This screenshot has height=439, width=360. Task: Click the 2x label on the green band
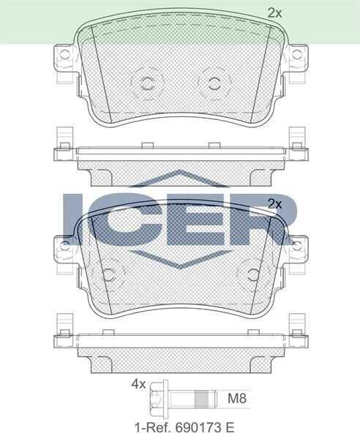pos(274,12)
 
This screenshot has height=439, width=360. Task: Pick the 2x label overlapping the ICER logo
pos(274,203)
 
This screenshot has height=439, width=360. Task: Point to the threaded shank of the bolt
pos(200,399)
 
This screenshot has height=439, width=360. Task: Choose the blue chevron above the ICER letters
pos(179,180)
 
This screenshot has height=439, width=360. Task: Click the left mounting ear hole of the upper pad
pos(64,55)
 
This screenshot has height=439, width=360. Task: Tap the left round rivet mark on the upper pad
pos(144,82)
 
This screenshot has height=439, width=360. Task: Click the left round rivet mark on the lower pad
pos(109,274)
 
